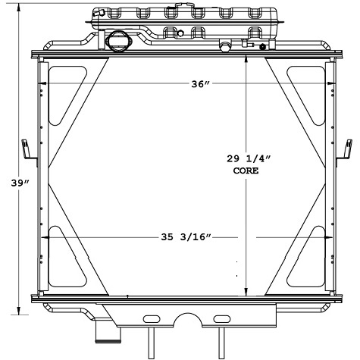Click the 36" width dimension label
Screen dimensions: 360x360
pyautogui.click(x=199, y=84)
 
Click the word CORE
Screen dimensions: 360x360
pyautogui.click(x=246, y=171)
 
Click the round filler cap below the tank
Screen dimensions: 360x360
pyautogui.click(x=118, y=40)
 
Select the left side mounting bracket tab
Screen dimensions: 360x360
pyautogui.click(x=27, y=151)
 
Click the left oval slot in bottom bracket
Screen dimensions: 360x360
pyautogui.click(x=151, y=318)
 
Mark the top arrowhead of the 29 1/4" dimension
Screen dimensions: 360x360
pyautogui.click(x=246, y=64)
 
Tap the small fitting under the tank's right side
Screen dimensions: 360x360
pyautogui.click(x=224, y=47)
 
